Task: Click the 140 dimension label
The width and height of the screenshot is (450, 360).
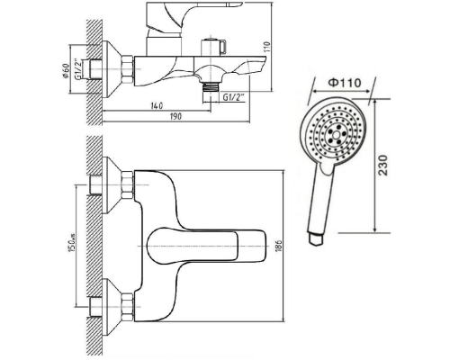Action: pyautogui.click(x=157, y=106)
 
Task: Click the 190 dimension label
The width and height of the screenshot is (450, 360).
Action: pyautogui.click(x=175, y=116)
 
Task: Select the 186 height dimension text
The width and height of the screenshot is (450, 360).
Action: pyautogui.click(x=279, y=246)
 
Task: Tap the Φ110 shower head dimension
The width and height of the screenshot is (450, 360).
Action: pyautogui.click(x=345, y=82)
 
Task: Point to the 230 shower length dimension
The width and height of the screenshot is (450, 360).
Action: pyautogui.click(x=383, y=166)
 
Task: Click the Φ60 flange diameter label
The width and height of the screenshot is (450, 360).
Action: pyautogui.click(x=66, y=71)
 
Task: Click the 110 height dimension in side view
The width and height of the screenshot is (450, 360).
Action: pyautogui.click(x=267, y=47)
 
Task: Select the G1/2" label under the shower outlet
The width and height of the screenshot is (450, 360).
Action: pyautogui.click(x=234, y=97)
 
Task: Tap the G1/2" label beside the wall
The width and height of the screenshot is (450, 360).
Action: pyautogui.click(x=77, y=69)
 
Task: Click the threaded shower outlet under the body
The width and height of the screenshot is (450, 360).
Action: pyautogui.click(x=210, y=89)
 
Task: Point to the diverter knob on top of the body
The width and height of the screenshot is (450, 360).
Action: pyautogui.click(x=213, y=47)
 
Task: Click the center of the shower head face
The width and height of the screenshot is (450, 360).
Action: pyautogui.click(x=335, y=132)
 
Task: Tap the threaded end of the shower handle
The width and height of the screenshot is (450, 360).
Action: pyautogui.click(x=316, y=238)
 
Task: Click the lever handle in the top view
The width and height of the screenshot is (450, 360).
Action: pyautogui.click(x=207, y=246)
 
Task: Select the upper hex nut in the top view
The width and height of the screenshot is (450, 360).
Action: pyautogui.click(x=127, y=184)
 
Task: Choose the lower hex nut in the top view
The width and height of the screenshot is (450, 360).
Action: pyautogui.click(x=127, y=307)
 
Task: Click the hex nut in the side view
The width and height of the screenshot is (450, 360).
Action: pyautogui.click(x=127, y=69)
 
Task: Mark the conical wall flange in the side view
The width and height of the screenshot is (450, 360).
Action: pyautogui.click(x=112, y=69)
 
